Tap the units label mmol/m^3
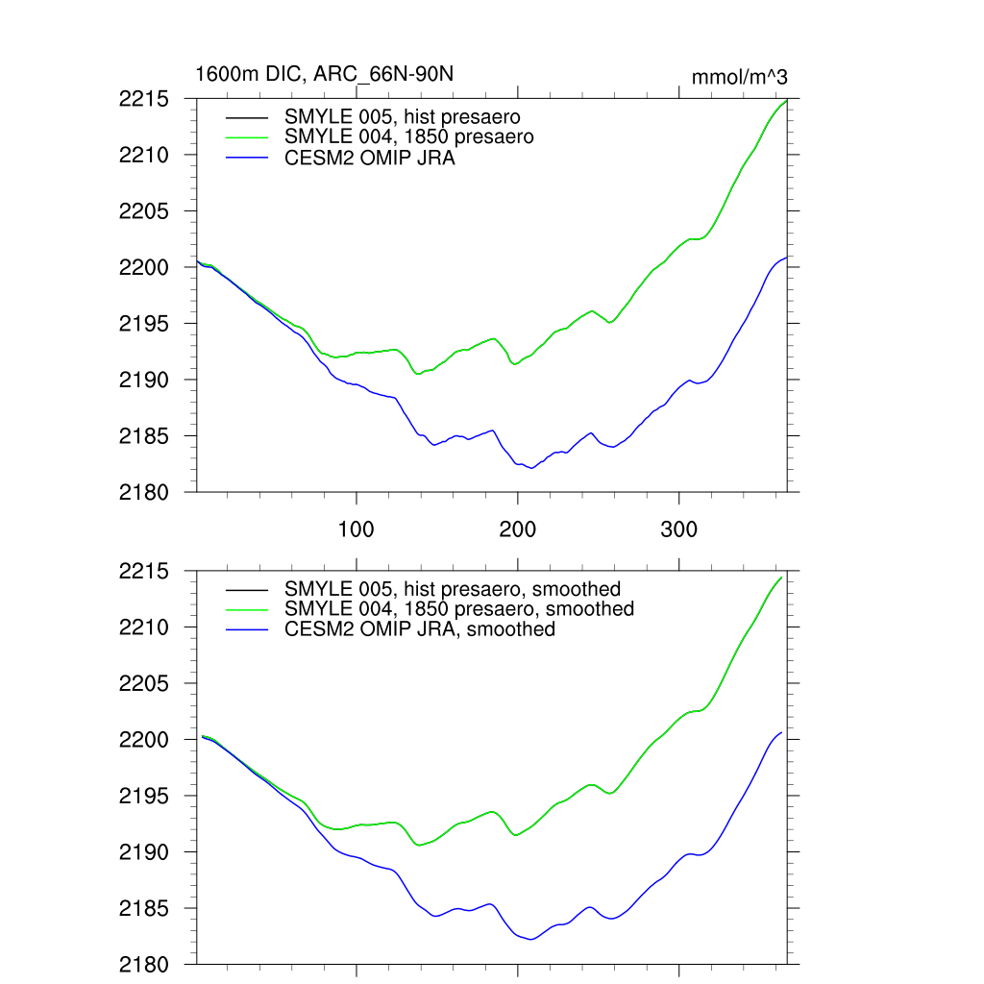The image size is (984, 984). tap(739, 77)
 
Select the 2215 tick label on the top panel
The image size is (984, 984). tap(144, 99)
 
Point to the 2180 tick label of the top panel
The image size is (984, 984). tap(144, 492)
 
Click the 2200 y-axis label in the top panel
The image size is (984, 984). tap(144, 267)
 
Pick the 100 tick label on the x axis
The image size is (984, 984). tap(357, 529)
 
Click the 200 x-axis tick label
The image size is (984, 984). tap(518, 529)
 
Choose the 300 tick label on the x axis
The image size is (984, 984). tap(679, 529)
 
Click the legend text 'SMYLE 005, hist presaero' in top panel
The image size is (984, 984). tap(403, 117)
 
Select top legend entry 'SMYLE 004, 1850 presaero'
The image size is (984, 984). tap(409, 137)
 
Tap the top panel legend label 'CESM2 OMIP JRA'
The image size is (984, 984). tap(370, 159)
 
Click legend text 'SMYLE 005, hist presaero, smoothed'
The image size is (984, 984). tap(453, 588)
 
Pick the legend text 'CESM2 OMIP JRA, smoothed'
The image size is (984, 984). tap(420, 629)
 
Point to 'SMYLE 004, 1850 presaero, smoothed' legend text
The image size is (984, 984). tap(459, 609)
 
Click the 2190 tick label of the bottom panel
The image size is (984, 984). tap(144, 852)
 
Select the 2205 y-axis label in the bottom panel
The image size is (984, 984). tap(144, 684)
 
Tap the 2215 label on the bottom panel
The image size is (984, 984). tap(144, 572)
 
